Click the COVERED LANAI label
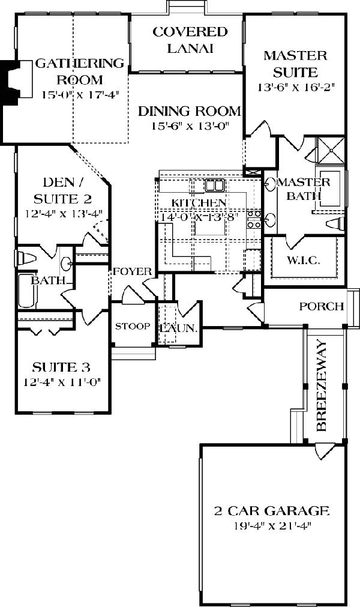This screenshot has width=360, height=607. [190, 40]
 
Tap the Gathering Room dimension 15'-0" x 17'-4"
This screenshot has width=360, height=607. [73, 95]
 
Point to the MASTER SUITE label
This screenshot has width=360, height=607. [295, 64]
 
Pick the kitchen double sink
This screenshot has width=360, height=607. [214, 184]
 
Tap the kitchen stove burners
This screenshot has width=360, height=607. [254, 220]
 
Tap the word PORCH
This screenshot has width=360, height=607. [322, 306]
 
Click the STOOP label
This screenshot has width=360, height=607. [133, 326]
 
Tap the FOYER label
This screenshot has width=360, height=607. [133, 271]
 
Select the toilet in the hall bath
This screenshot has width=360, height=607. [24, 258]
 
